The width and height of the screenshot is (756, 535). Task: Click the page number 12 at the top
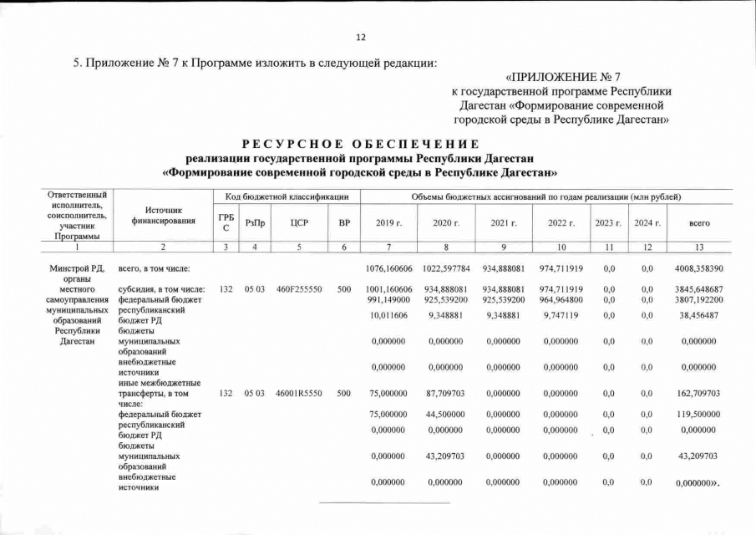361,38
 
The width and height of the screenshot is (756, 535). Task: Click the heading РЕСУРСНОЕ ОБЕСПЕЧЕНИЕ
361,144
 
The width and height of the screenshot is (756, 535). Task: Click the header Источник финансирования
163,216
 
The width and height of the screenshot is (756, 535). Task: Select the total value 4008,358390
698,268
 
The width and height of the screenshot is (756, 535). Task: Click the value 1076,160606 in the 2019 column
390,268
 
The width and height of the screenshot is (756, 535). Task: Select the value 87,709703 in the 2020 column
447,393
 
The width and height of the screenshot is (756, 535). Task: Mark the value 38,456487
698,316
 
